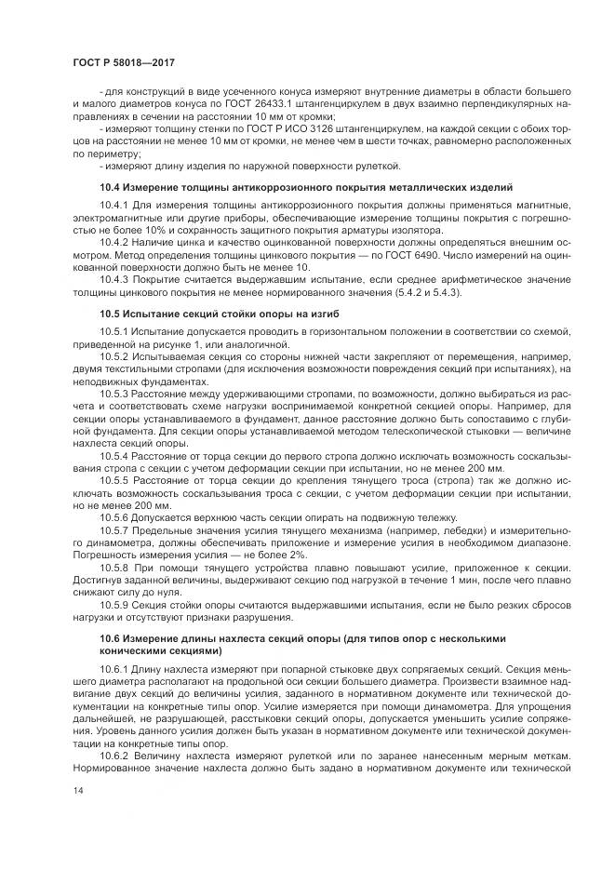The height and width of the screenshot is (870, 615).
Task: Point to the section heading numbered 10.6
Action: tap(301, 639)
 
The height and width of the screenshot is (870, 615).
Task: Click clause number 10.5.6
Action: tap(114, 516)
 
